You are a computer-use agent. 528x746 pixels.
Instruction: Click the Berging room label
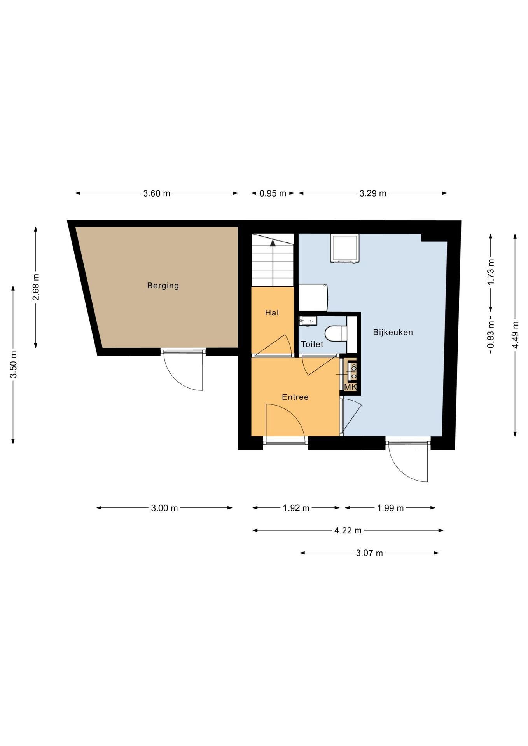[163, 286]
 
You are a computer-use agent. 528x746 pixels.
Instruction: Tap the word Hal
[272, 313]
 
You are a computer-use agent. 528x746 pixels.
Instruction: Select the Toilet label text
[312, 344]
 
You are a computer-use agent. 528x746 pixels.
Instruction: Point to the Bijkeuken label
[393, 332]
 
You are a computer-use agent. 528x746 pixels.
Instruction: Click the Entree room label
[295, 397]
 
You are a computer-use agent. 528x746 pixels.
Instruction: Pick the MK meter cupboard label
[350, 387]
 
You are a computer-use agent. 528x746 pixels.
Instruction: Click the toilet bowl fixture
[336, 333]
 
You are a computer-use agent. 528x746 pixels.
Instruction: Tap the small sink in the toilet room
[308, 321]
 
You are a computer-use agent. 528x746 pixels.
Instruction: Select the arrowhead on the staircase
[273, 243]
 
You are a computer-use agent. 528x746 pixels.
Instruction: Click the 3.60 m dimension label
[157, 193]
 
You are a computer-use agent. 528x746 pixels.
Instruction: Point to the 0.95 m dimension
[273, 193]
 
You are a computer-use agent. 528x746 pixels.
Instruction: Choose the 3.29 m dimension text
[373, 193]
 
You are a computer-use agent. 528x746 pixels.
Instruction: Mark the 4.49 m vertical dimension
[516, 335]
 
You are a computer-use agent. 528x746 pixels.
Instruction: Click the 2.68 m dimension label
[36, 287]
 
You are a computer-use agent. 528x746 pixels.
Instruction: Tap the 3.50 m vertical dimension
[14, 364]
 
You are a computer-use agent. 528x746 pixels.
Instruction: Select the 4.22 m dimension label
[348, 531]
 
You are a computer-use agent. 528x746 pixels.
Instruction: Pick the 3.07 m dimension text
[369, 553]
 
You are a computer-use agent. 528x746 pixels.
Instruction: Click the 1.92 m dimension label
[296, 508]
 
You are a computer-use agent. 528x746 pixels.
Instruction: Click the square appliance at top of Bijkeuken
[345, 248]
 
